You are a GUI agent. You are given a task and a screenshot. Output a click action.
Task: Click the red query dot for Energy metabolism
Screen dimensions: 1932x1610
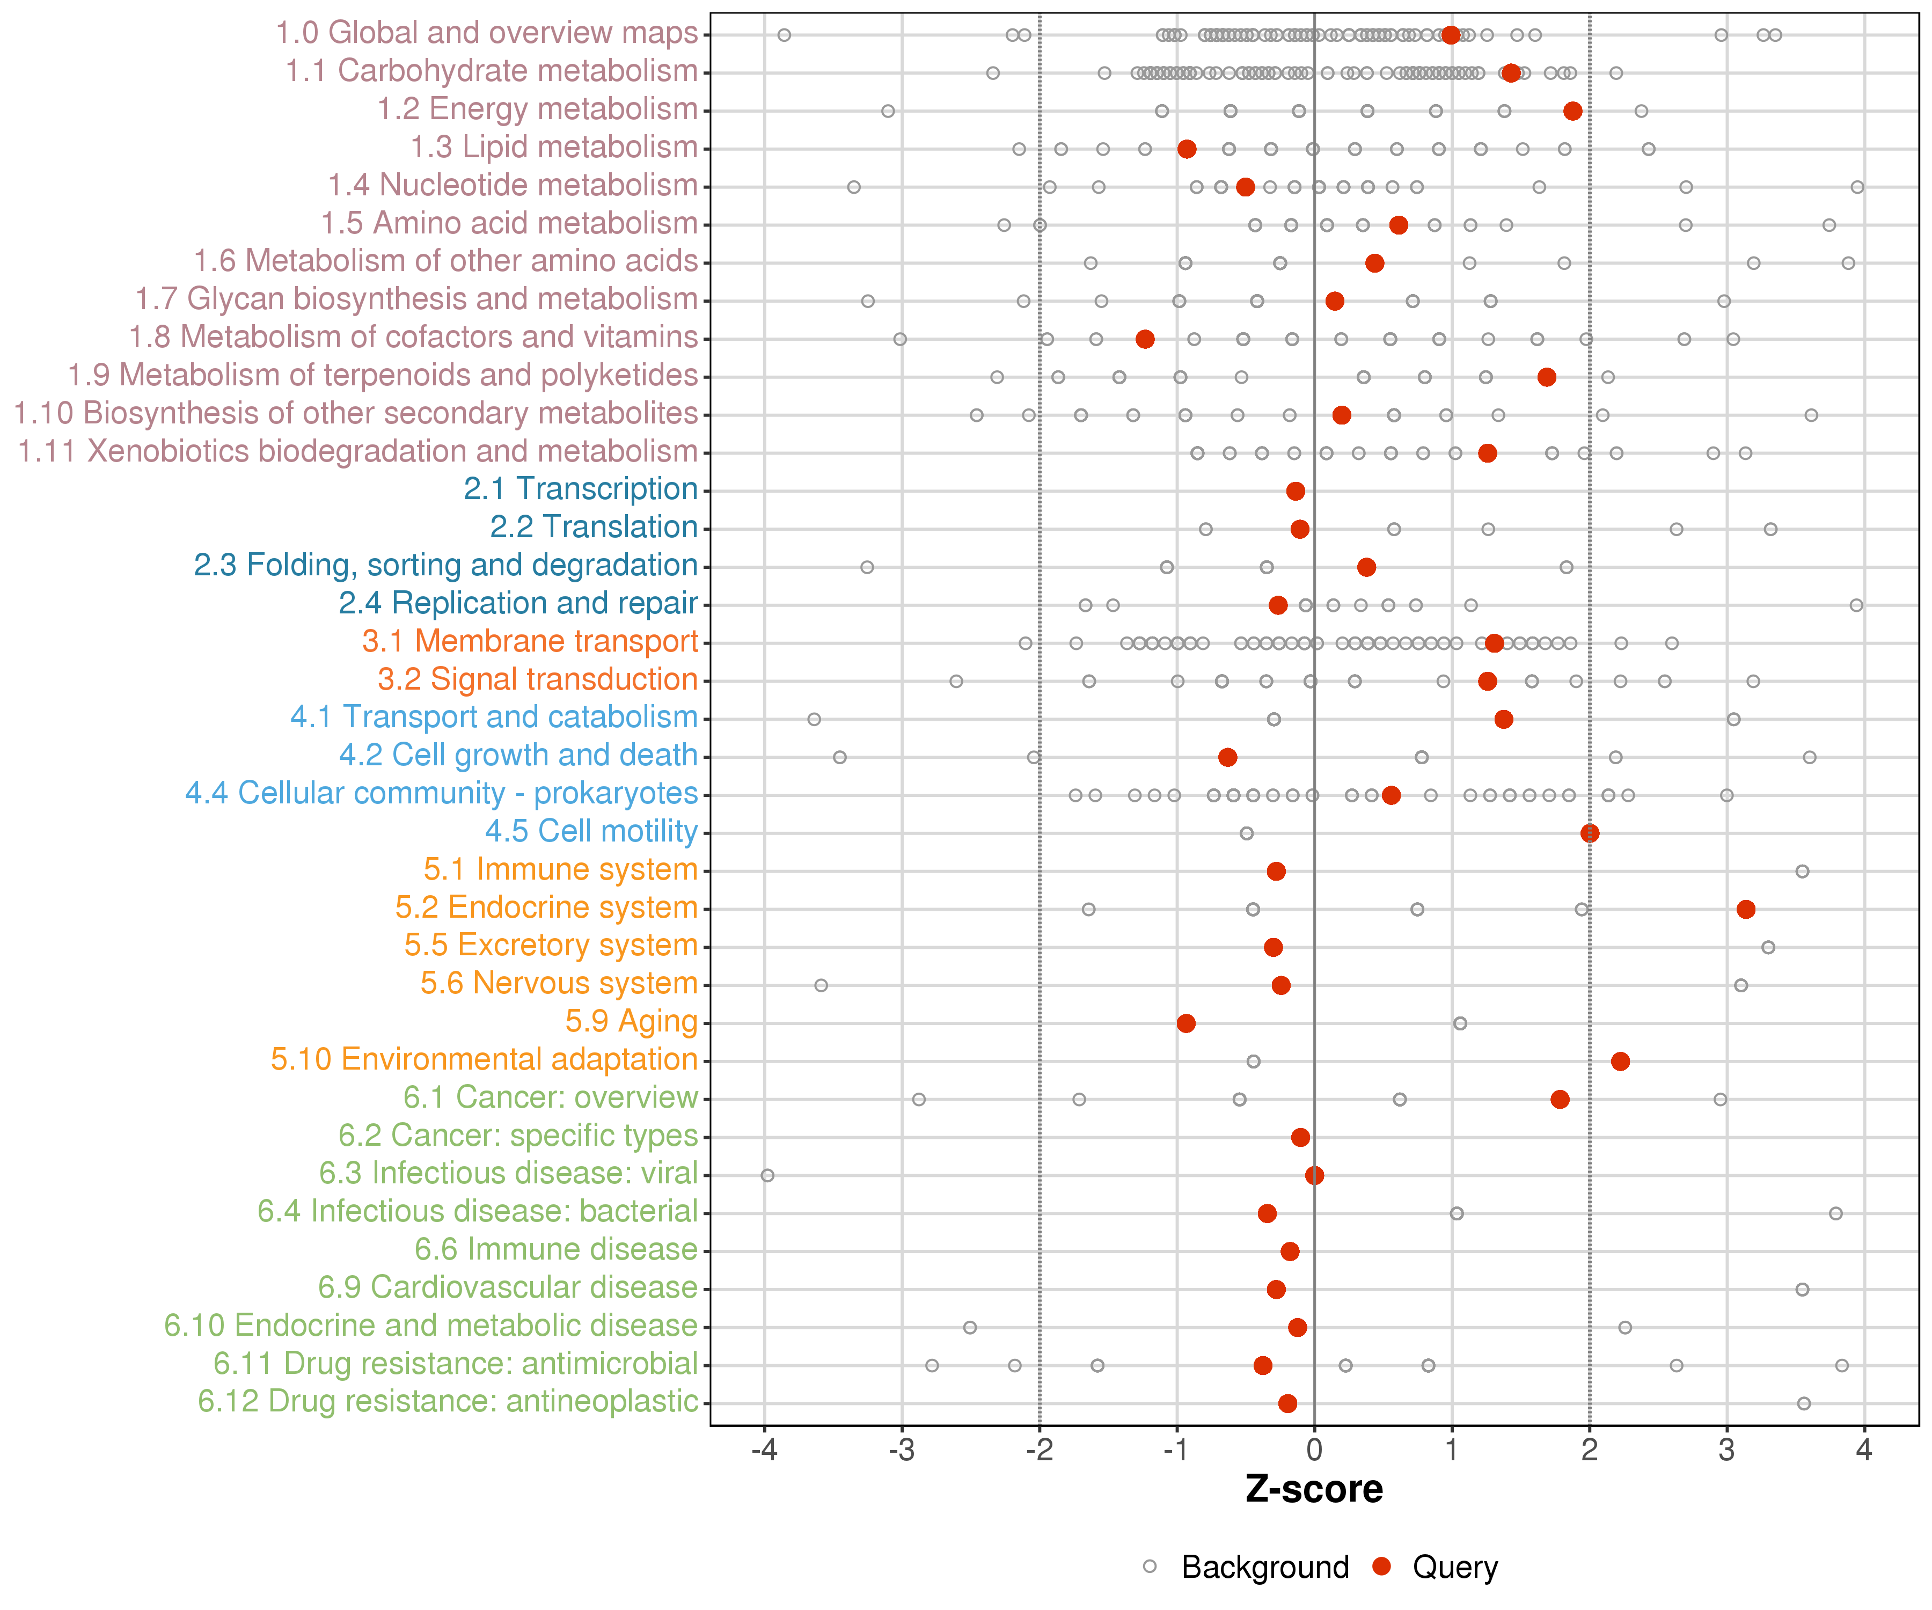coord(1572,111)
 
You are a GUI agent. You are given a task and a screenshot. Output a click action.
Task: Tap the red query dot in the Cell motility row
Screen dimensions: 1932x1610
coord(1589,833)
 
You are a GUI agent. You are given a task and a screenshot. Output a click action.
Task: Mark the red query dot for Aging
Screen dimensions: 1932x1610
coord(1186,1023)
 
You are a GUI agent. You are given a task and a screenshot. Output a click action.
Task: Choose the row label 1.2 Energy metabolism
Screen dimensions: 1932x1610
coord(537,108)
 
